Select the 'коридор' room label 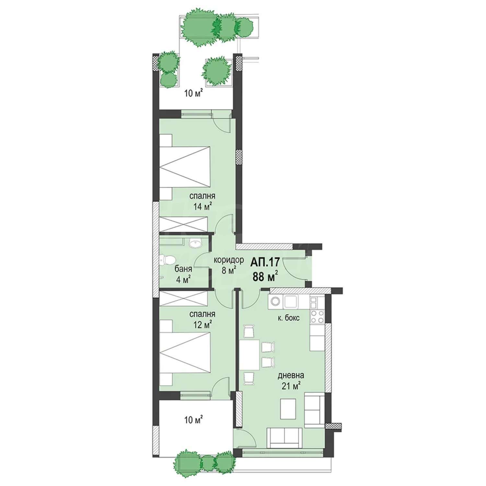pyautogui.click(x=228, y=260)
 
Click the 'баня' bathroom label pyautogui.click(x=183, y=269)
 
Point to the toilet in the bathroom pyautogui.click(x=168, y=260)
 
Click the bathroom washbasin pyautogui.click(x=195, y=243)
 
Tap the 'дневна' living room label pyautogui.click(x=291, y=376)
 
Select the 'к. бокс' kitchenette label pyautogui.click(x=288, y=318)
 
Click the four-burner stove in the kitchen pyautogui.click(x=317, y=317)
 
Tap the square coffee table pyautogui.click(x=288, y=409)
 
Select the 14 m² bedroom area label pyautogui.click(x=202, y=206)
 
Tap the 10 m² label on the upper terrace pyautogui.click(x=193, y=94)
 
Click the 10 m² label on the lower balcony pyautogui.click(x=193, y=420)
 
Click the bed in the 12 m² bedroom pyautogui.click(x=185, y=353)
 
